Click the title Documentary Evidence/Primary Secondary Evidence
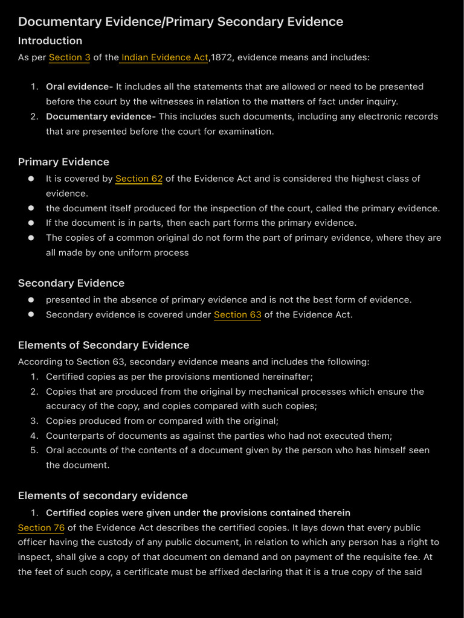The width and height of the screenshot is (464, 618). (180, 22)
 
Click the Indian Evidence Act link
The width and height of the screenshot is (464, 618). (164, 57)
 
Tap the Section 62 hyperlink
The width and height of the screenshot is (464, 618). (139, 179)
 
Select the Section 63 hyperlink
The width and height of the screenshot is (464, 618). (237, 314)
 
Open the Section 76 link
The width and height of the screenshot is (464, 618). (41, 527)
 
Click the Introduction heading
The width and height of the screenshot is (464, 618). (50, 41)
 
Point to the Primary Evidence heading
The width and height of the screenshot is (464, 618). (63, 162)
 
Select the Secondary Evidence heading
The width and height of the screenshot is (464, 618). (71, 283)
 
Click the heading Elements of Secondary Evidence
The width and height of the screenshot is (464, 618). (103, 345)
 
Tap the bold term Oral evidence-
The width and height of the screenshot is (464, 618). (79, 87)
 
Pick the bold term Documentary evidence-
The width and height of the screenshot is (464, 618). (100, 116)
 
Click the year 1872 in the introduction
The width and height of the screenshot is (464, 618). (222, 57)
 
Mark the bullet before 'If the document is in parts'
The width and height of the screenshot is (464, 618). (31, 223)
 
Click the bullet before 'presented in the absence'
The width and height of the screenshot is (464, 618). (31, 300)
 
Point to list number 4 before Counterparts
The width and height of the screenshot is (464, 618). (34, 436)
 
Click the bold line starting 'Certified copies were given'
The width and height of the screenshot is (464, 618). (198, 512)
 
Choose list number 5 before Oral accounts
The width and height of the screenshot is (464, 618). (34, 450)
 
